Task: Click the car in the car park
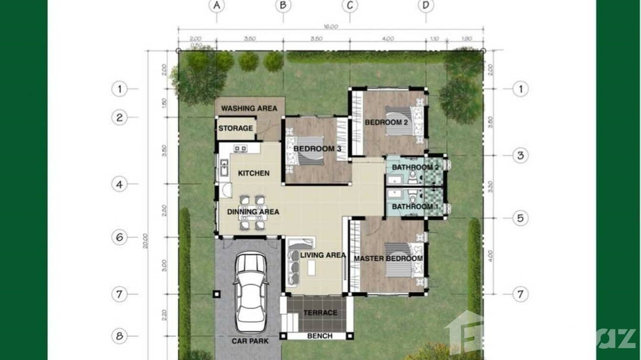pyautogui.click(x=250, y=292)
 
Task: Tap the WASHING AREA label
pyautogui.click(x=249, y=108)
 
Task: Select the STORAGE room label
pyautogui.click(x=235, y=128)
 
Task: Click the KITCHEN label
pyautogui.click(x=254, y=173)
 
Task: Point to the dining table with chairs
pyautogui.click(x=252, y=212)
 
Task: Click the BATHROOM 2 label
pyautogui.click(x=415, y=167)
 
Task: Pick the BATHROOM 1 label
pyautogui.click(x=415, y=206)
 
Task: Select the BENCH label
pyautogui.click(x=320, y=336)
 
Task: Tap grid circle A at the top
pyautogui.click(x=217, y=6)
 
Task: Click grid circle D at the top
pyautogui.click(x=426, y=6)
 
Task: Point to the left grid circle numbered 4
pyautogui.click(x=119, y=184)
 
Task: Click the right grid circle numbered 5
pyautogui.click(x=521, y=218)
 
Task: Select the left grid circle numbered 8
pyautogui.click(x=119, y=336)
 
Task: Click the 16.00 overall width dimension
pyautogui.click(x=331, y=26)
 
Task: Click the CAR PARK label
pyautogui.click(x=250, y=341)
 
